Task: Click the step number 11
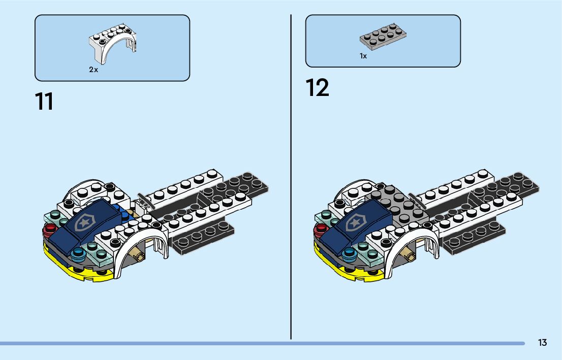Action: pyautogui.click(x=44, y=101)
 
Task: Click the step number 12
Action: pyautogui.click(x=318, y=87)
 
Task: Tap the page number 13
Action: pyautogui.click(x=543, y=343)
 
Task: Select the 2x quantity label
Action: pyautogui.click(x=93, y=70)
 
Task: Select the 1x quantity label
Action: pyautogui.click(x=363, y=56)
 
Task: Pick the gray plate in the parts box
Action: pyautogui.click(x=383, y=37)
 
